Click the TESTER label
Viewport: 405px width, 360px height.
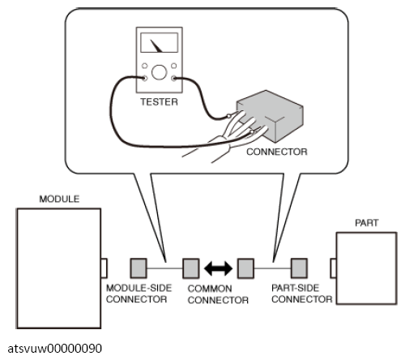159,102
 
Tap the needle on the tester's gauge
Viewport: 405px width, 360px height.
156,46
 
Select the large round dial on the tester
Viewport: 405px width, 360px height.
160,72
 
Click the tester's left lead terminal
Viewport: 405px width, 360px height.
145,79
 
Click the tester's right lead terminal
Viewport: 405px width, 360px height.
174,79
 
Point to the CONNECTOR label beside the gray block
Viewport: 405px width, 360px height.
277,152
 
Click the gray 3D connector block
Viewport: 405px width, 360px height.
270,115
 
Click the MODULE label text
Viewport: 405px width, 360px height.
59,199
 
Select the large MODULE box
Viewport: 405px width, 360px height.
59,268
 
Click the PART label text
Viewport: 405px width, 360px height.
367,223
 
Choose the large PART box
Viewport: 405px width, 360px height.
367,268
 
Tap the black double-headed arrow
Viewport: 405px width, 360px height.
218,268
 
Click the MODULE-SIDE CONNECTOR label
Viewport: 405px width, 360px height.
139,294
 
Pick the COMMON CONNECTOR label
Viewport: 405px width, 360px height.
218,294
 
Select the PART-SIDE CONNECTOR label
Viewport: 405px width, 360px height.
302,294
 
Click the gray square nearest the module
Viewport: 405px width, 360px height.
139,268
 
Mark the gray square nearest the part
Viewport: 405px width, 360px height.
299,268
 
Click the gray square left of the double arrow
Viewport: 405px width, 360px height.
191,268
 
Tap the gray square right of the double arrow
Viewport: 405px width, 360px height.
245,268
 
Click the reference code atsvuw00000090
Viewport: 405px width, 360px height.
55,349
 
